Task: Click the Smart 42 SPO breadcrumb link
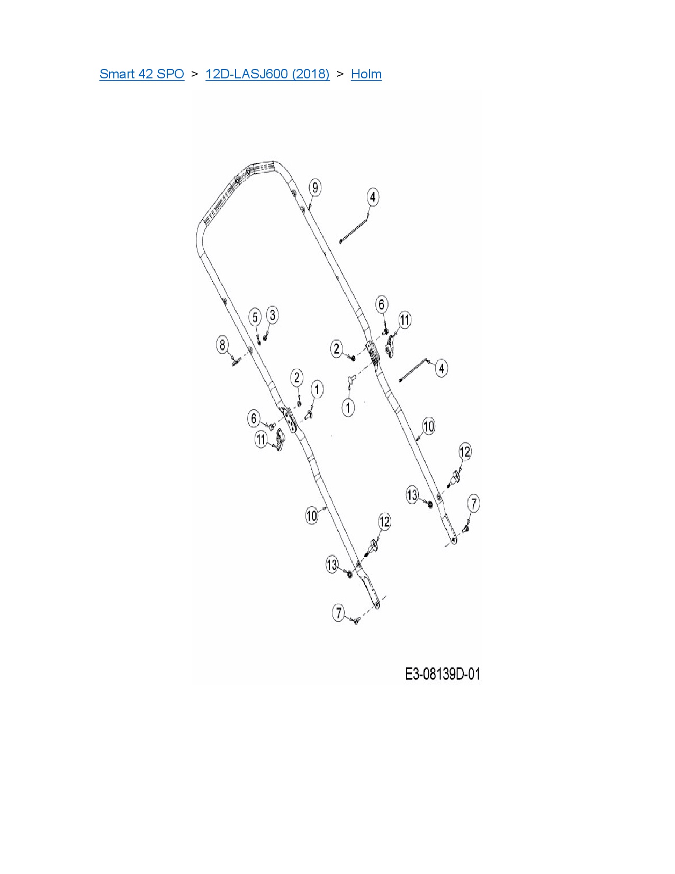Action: tap(141, 74)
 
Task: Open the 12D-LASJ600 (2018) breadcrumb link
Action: tap(267, 74)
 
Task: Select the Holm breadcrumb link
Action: tap(366, 74)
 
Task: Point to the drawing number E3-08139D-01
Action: tap(443, 674)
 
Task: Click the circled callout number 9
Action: tap(315, 188)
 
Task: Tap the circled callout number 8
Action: tap(222, 345)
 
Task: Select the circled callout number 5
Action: tap(255, 317)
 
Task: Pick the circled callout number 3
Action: tap(272, 315)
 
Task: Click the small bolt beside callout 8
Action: tap(235, 362)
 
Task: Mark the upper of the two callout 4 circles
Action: tap(373, 197)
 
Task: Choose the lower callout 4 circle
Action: tap(442, 368)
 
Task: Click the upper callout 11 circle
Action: tap(404, 320)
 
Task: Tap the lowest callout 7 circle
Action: tap(339, 613)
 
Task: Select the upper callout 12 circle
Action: tap(464, 452)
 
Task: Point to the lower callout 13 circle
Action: tap(332, 565)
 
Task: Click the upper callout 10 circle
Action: tap(428, 426)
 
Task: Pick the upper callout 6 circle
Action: tap(381, 304)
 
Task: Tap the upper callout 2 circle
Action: tap(337, 349)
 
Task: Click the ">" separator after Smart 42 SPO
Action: tap(195, 74)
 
